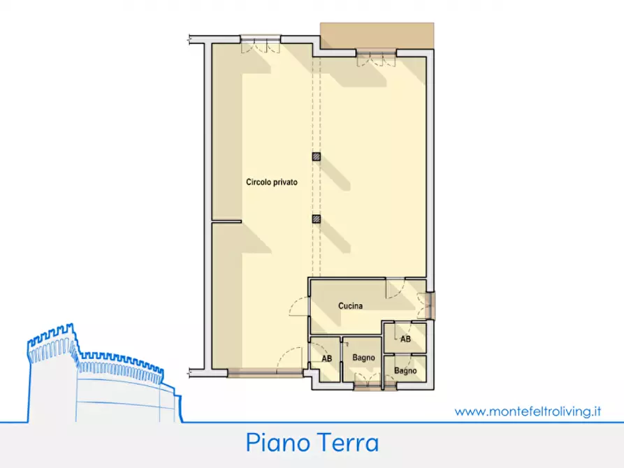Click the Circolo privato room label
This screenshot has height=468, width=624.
[x=271, y=182]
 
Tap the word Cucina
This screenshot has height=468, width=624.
[x=350, y=306]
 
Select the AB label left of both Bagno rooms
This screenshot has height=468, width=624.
[x=326, y=358]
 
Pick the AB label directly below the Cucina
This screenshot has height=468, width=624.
[x=405, y=339]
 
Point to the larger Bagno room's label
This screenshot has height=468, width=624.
[x=363, y=358]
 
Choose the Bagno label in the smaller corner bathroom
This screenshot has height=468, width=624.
[x=405, y=370]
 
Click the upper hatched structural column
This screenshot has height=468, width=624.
[x=317, y=157]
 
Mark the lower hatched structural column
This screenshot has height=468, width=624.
[x=317, y=219]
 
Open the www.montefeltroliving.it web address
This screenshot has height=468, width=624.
[x=528, y=412]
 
